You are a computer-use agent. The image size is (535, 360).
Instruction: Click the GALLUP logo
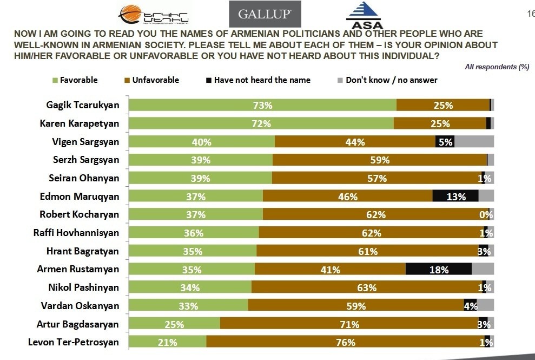pyautogui.click(x=265, y=15)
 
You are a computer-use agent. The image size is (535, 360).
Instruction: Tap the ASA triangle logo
pyautogui.click(x=364, y=15)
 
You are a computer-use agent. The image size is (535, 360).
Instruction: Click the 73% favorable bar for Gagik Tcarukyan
pyautogui.click(x=262, y=106)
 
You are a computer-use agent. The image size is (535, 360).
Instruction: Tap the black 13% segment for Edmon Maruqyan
pyautogui.click(x=455, y=197)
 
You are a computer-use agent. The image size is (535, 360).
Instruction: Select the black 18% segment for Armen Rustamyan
pyautogui.click(x=438, y=270)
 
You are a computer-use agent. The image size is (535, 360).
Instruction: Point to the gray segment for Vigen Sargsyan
pyautogui.click(x=474, y=142)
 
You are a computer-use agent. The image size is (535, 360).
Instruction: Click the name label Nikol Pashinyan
pyautogui.click(x=80, y=287)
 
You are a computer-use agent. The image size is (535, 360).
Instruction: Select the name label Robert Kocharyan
pyautogui.click(x=79, y=214)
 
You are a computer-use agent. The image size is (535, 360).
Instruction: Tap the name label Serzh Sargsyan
pyautogui.click(x=85, y=160)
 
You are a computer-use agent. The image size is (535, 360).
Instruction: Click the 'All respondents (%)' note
pyautogui.click(x=497, y=67)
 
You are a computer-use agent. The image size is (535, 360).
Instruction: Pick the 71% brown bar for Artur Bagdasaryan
pyautogui.click(x=349, y=324)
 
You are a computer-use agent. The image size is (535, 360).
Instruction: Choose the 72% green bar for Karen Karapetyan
pyautogui.click(x=261, y=123)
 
